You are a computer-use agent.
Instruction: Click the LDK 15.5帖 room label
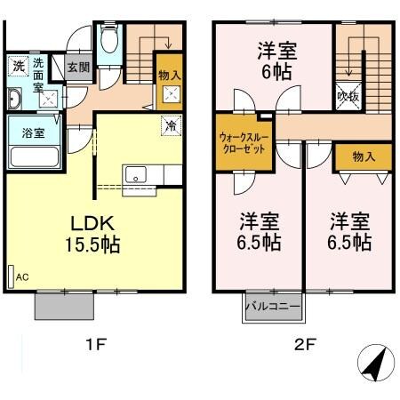click(91, 230)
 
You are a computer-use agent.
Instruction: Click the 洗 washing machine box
click(18, 66)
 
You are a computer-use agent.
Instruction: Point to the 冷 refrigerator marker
click(169, 125)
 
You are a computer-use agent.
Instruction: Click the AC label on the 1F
click(21, 277)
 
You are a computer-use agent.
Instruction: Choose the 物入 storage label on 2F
click(363, 156)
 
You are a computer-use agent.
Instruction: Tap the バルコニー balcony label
click(273, 307)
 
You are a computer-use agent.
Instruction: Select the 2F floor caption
click(304, 345)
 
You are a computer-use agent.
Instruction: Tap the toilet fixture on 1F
click(109, 41)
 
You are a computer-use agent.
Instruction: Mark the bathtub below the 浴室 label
click(33, 157)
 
